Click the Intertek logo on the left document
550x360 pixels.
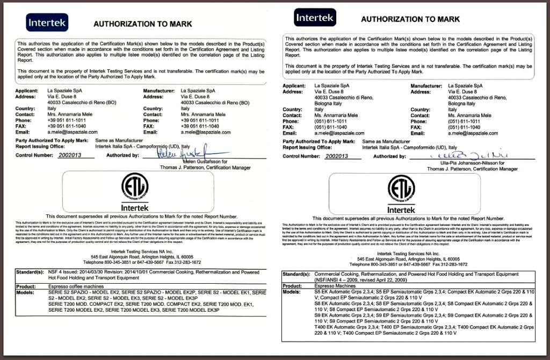tap(46, 23)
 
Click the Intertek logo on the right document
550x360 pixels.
tap(315, 17)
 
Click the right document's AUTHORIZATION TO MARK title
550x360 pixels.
tap(410, 19)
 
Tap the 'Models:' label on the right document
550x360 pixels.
tap(292, 292)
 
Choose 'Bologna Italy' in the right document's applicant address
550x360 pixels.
tap(329, 103)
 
